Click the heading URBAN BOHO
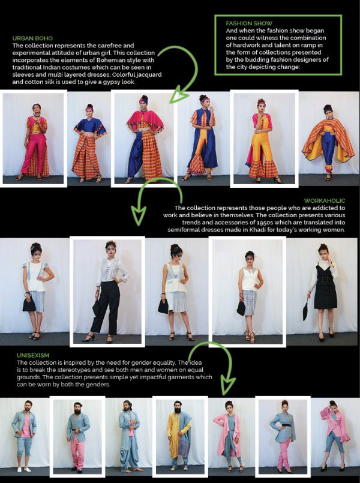pyautogui.click(x=32, y=38)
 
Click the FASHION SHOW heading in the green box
pyautogui.click(x=249, y=23)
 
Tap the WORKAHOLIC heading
pyautogui.click(x=324, y=200)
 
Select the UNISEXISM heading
pyautogui.click(x=33, y=355)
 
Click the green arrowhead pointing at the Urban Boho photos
pyautogui.click(x=178, y=96)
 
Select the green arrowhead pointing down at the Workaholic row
pyautogui.click(x=139, y=215)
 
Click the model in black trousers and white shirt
pyautogui.click(x=107, y=292)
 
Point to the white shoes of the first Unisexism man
pyautogui.click(x=23, y=469)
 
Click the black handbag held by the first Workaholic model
pyautogui.click(x=29, y=304)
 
